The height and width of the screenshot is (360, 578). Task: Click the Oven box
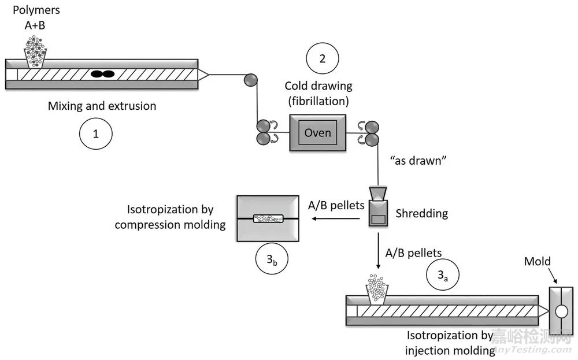pos(317,133)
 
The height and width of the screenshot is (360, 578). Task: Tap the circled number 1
pos(95,133)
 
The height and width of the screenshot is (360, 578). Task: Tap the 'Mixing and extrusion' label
pos(102,106)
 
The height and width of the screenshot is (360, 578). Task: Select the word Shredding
pos(422,213)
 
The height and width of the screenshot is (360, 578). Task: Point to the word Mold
pos(537,262)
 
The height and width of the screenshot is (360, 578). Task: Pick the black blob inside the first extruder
pos(102,75)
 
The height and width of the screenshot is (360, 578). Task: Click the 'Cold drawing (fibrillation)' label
pos(318,93)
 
